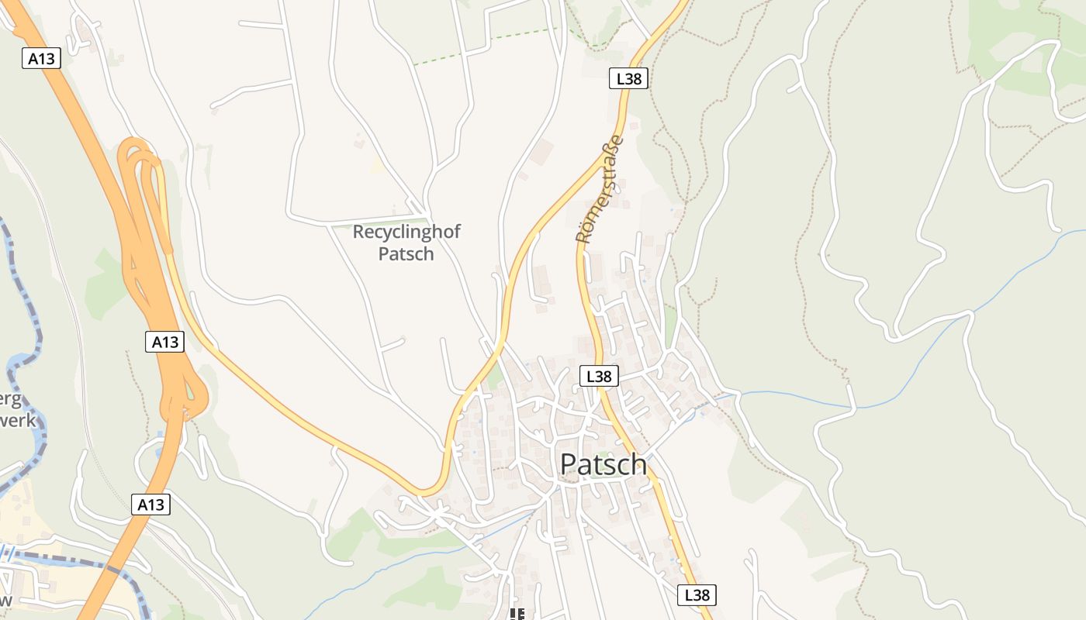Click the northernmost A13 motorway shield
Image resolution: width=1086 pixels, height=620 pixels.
tap(41, 58)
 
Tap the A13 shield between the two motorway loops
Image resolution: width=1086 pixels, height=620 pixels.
tap(164, 342)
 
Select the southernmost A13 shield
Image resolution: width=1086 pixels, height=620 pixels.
tap(150, 505)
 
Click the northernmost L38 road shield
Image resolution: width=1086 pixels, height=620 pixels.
tap(628, 78)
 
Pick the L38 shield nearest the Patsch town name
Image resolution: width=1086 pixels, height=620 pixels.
tap(599, 377)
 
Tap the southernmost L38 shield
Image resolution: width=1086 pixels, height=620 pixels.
tap(697, 595)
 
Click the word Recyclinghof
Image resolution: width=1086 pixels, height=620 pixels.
tap(406, 232)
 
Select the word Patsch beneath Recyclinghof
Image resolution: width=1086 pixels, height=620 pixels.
tap(406, 253)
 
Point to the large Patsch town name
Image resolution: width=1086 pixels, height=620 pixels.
tap(603, 463)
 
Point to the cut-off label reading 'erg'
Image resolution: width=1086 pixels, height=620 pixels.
tap(11, 399)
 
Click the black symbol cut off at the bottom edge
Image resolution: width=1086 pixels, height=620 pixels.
tap(517, 615)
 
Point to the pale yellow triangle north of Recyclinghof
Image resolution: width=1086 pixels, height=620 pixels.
tap(377, 165)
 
